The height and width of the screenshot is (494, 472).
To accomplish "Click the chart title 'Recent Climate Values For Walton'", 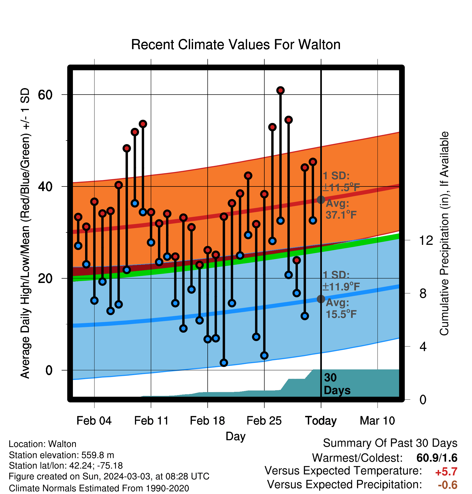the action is click(236, 45).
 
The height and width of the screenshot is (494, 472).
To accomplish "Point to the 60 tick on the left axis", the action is click(45, 95).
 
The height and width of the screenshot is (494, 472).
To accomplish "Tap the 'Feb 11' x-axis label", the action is click(151, 420).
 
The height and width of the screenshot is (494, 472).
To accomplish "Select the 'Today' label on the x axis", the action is click(321, 421).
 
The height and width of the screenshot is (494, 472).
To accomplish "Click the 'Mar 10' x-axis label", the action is click(377, 420).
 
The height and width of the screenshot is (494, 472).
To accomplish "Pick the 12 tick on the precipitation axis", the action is click(426, 240).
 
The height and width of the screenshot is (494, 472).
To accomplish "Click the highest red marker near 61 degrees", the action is click(281, 91).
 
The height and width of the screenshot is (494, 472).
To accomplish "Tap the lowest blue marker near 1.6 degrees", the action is click(224, 363).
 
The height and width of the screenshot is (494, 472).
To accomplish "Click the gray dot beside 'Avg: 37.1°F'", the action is click(321, 200).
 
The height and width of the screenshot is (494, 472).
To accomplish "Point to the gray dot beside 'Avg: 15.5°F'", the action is click(321, 299).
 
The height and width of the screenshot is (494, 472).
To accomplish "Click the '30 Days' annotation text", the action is click(337, 384).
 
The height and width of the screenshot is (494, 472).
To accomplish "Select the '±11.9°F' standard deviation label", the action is click(341, 286).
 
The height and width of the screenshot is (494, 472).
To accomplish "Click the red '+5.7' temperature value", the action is click(446, 472).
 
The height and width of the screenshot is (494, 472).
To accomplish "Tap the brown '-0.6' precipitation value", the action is click(447, 485).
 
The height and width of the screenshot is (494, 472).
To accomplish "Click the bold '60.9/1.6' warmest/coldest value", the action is click(437, 458).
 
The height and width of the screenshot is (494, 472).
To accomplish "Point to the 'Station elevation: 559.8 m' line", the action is click(61, 455).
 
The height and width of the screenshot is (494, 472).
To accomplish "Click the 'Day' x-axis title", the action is click(235, 436).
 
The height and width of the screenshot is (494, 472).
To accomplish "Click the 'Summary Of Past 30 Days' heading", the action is click(390, 443).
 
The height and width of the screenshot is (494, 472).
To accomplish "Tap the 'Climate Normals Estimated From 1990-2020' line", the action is click(99, 488).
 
